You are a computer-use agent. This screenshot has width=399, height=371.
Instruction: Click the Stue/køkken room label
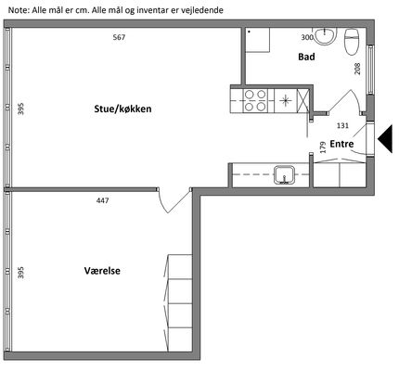click(x=122, y=109)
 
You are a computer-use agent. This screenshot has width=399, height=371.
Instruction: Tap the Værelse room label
click(x=102, y=271)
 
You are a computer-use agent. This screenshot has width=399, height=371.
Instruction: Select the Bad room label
click(x=306, y=57)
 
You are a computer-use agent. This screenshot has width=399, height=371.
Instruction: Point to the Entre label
click(x=341, y=144)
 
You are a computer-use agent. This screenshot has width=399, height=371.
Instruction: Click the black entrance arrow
click(x=385, y=139)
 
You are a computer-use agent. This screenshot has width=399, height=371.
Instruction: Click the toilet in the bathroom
click(x=351, y=42)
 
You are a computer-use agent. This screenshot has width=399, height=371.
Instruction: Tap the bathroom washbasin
click(x=325, y=35)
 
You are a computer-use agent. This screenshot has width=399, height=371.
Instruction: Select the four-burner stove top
click(x=255, y=100)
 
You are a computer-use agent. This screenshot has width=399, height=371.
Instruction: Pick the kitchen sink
click(x=284, y=174)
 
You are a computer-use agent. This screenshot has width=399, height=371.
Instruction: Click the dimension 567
click(x=119, y=37)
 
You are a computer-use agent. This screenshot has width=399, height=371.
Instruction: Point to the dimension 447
click(x=102, y=200)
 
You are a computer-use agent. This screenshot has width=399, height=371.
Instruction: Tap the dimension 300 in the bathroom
click(x=307, y=37)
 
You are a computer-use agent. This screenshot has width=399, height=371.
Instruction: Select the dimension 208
click(x=357, y=69)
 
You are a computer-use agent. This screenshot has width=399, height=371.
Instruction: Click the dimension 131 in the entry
click(x=342, y=125)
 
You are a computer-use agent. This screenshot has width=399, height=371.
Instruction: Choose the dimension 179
click(x=323, y=147)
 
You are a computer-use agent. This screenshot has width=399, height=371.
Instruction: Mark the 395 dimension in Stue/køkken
click(x=20, y=109)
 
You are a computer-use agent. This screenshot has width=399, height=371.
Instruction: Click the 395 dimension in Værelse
click(x=20, y=273)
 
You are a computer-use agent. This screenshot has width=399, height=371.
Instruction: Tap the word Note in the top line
click(x=19, y=10)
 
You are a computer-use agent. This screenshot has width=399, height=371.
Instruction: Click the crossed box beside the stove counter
click(x=302, y=100)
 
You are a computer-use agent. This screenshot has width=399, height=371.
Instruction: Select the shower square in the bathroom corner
click(x=258, y=40)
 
